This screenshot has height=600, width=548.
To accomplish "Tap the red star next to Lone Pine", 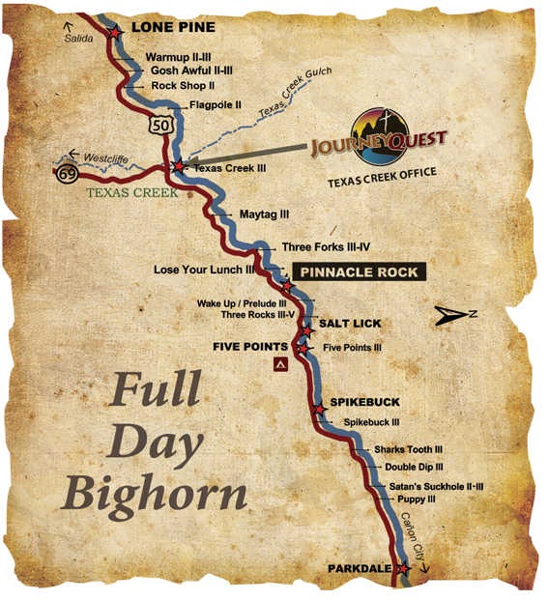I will [115, 32].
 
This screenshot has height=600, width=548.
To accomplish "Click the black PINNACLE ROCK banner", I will [360, 272].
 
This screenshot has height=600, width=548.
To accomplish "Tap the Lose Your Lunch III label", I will [204, 270].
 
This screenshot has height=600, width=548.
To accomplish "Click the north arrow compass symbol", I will [453, 313].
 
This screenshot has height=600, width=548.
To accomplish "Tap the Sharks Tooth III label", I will [408, 449].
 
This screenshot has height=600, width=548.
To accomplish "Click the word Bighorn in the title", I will [156, 494].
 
